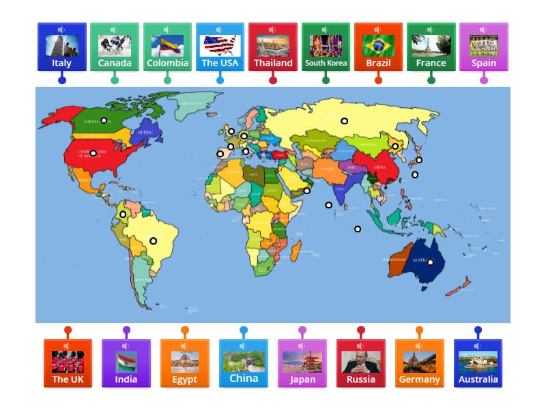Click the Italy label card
point(61,48)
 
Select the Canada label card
point(115,48)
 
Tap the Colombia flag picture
point(167,45)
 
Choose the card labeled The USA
point(220,48)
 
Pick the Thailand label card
point(273,48)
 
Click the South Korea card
point(326,48)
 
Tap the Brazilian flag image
point(378,45)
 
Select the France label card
point(431,48)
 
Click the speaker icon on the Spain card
point(483,30)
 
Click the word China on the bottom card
point(244,378)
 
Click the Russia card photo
point(361,361)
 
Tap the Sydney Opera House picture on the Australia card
point(478,361)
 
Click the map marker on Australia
point(431,262)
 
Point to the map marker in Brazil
point(154,241)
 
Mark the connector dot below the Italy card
point(62,80)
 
